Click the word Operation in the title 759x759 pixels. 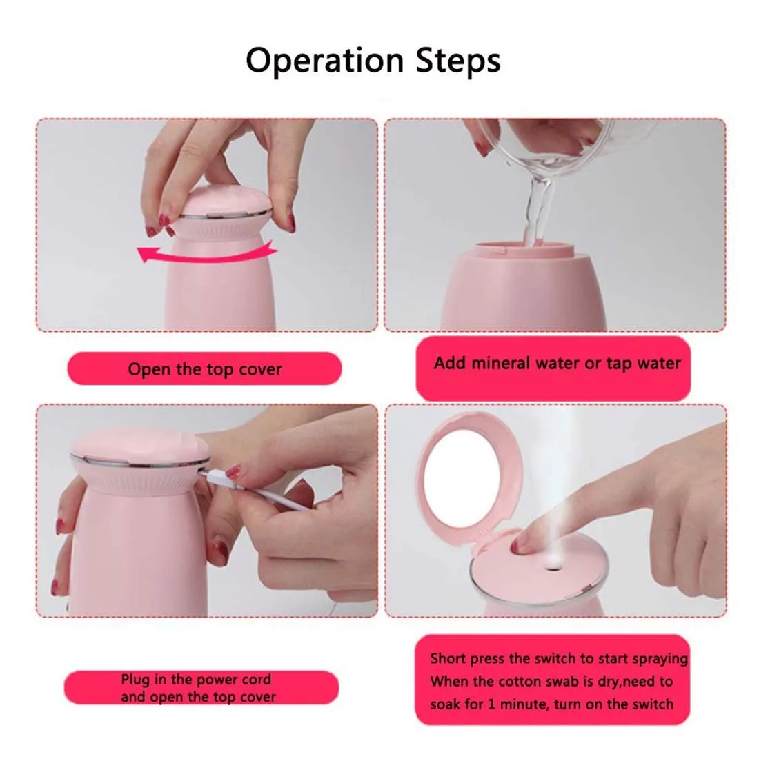pyautogui.click(x=325, y=61)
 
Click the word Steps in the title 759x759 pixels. pyautogui.click(x=458, y=61)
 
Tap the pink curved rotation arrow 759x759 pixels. pyautogui.click(x=207, y=255)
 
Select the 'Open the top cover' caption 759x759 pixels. pyautogui.click(x=205, y=369)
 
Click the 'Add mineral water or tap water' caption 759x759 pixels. pyautogui.click(x=557, y=363)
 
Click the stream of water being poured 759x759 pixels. pyautogui.click(x=538, y=213)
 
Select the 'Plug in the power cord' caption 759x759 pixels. pyautogui.click(x=196, y=679)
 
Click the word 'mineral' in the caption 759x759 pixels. pyautogui.click(x=500, y=363)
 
